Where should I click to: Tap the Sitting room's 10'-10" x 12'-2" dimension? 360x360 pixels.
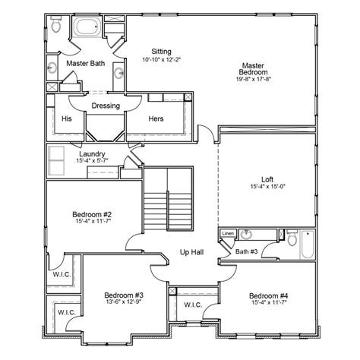click(161, 59)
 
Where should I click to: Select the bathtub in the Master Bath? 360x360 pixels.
click(86, 29)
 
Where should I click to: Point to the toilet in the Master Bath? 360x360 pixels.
click(56, 27)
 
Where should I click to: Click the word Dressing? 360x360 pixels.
click(106, 106)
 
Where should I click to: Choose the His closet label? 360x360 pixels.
click(67, 119)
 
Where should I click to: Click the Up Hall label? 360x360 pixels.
click(191, 252)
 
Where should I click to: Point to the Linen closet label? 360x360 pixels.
click(228, 234)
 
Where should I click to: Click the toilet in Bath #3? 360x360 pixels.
click(292, 238)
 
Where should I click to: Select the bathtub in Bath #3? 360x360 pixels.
click(307, 246)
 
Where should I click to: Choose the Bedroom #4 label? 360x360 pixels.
click(269, 295)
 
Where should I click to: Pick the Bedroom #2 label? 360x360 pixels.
click(92, 214)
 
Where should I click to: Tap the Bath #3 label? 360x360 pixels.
click(246, 251)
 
